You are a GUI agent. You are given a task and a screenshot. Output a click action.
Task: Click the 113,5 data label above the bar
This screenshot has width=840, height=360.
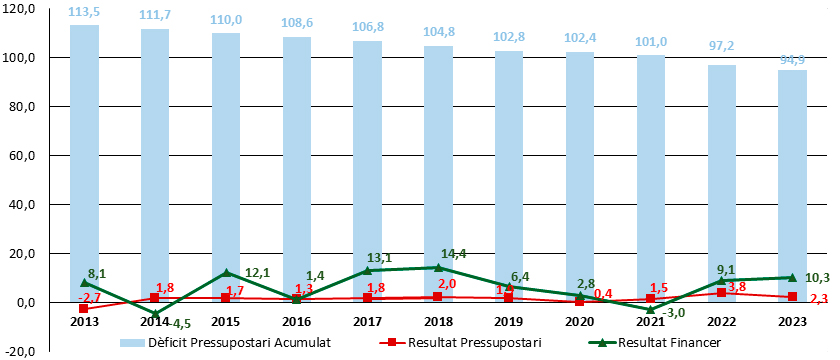(84, 12)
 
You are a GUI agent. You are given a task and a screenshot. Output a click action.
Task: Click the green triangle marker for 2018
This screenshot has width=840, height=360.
(439, 267)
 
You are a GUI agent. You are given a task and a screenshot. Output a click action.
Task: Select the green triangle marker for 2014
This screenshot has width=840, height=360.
(155, 313)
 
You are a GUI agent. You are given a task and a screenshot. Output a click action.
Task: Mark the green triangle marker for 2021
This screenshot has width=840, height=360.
(651, 309)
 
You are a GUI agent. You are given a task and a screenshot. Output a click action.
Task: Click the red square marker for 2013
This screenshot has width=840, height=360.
(84, 309)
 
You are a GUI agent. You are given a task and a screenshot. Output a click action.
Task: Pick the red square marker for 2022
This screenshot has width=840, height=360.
(722, 293)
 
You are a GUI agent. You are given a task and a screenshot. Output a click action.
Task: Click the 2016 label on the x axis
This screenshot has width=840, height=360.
(297, 322)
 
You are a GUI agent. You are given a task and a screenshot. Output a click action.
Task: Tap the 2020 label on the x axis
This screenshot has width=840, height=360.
(580, 322)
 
